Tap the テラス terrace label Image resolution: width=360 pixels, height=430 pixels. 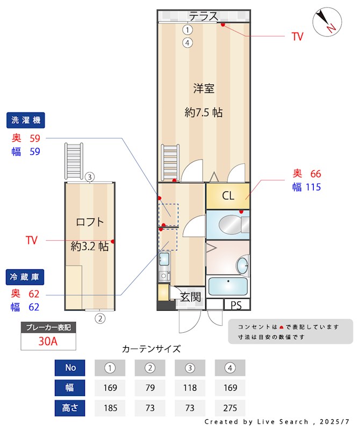coord(203,16)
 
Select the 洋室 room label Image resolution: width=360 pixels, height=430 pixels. coord(204,88)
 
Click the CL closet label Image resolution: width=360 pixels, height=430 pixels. coord(228,196)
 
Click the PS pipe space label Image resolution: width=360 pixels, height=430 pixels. coord(236,305)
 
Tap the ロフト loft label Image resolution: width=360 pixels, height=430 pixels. coord(90,222)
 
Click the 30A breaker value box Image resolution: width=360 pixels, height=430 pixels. coord(48,341)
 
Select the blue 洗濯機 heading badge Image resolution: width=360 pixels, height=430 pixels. coord(26,119)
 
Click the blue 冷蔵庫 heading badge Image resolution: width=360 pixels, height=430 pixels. coord(26,277)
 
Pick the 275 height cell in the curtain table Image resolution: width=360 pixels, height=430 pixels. coord(230,407)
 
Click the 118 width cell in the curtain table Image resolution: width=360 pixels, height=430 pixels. coord(190,388)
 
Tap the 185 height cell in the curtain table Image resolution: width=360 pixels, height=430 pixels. coord(110,407)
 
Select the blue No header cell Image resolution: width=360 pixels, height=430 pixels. coord(70,368)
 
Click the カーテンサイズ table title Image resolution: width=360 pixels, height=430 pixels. coord(152,349)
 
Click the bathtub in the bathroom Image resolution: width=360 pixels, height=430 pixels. coord(228,287)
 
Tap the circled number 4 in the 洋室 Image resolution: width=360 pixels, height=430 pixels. coord(187,42)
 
